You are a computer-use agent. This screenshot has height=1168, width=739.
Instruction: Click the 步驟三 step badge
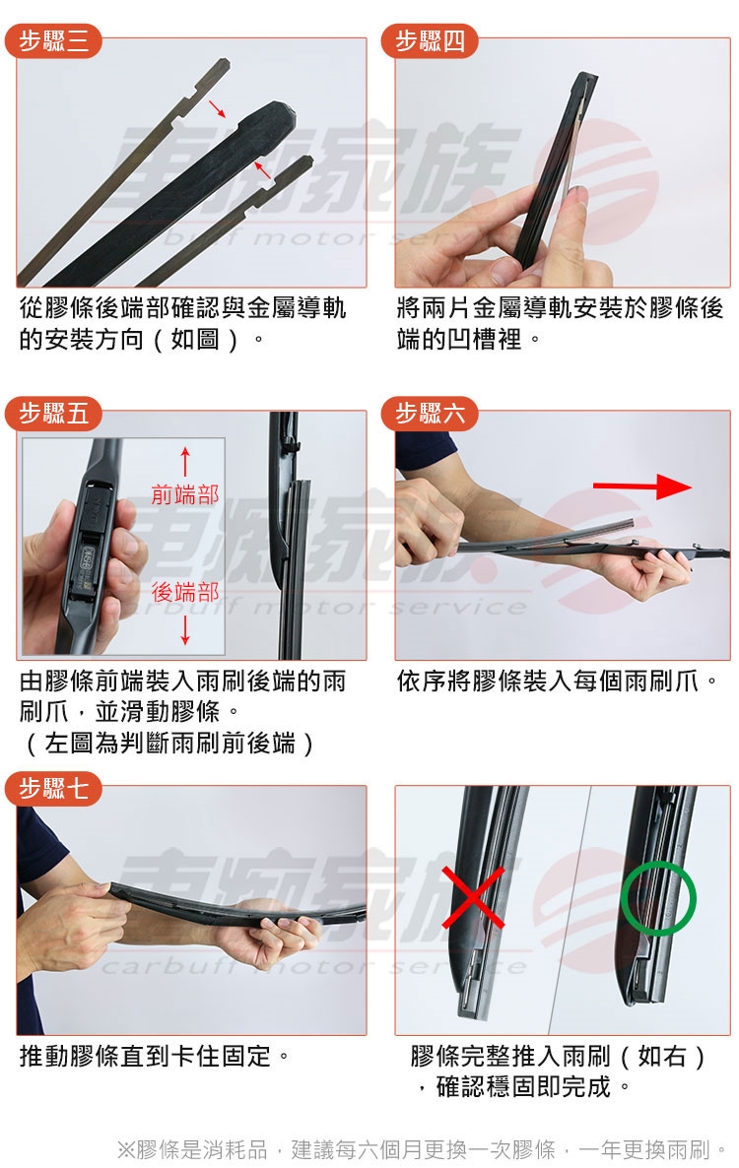53,40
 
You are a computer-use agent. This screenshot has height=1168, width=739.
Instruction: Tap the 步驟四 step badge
429,40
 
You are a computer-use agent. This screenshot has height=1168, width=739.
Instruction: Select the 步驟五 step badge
53,413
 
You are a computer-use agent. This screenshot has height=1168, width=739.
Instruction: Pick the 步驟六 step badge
429,413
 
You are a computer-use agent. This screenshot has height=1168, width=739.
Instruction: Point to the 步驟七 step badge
53,787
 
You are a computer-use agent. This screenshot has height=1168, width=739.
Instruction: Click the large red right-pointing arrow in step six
642,487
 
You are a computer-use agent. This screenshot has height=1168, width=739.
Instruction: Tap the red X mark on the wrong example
473,897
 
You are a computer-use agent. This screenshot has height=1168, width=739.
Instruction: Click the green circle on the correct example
658,898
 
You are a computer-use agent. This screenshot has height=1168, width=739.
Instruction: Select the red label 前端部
185,494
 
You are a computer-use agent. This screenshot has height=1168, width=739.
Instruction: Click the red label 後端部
185,592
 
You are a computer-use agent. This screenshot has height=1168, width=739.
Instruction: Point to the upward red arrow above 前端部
185,463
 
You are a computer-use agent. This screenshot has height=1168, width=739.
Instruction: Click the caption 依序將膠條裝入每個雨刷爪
558,681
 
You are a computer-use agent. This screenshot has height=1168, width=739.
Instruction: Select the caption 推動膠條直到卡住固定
154,1056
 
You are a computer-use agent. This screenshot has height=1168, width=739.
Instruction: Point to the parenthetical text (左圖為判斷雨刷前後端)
169,743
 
